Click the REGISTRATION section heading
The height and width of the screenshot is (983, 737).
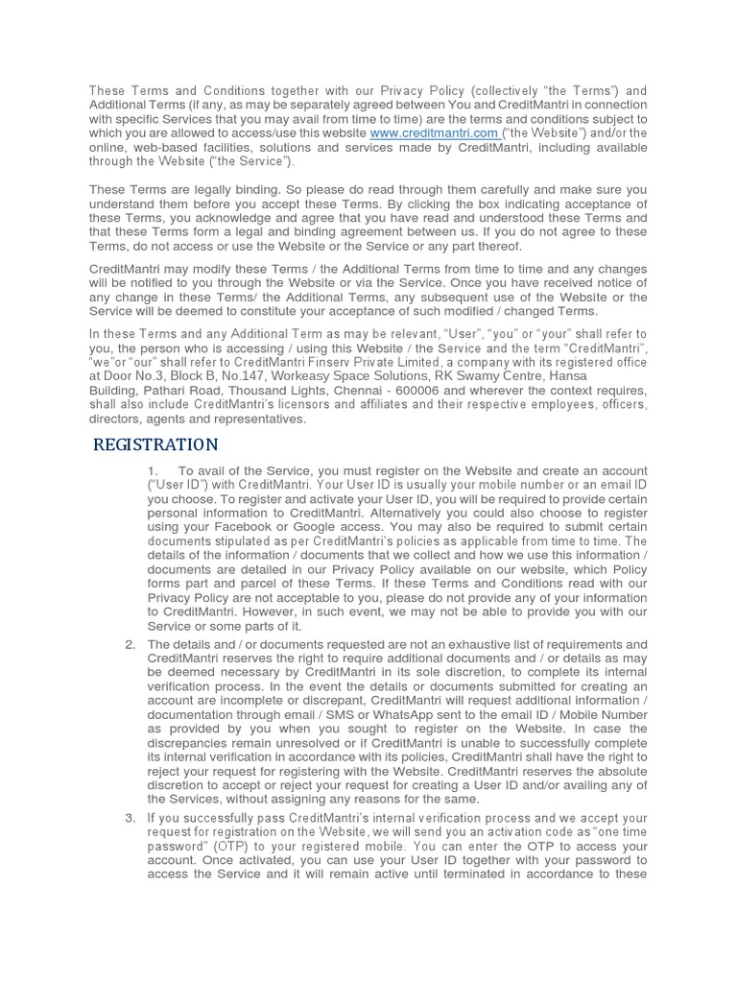coord(155,444)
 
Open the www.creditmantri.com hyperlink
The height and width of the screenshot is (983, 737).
coord(434,132)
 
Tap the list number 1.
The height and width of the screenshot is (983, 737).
coord(152,471)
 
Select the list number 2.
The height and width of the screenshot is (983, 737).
coord(130,643)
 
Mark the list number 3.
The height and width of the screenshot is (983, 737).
coord(130,818)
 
